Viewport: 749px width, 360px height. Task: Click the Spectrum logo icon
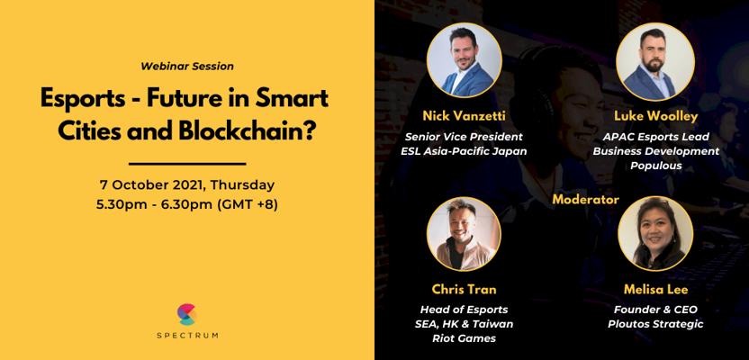click(x=186, y=315)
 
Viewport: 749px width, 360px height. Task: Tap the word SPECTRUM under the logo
click(x=187, y=335)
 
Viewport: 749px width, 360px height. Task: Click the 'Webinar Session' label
click(x=187, y=67)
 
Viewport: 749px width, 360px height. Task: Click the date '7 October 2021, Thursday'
click(x=187, y=184)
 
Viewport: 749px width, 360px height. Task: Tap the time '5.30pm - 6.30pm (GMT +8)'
click(x=187, y=207)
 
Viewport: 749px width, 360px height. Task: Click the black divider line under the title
click(x=187, y=164)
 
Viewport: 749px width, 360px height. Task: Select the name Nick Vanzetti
click(x=464, y=115)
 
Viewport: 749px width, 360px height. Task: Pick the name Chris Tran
click(x=464, y=289)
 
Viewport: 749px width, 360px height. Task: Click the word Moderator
click(x=586, y=199)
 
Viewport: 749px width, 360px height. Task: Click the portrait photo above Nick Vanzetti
click(x=464, y=60)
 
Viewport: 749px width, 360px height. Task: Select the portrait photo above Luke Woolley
click(x=654, y=60)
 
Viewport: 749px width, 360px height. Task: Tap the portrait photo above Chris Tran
click(x=464, y=234)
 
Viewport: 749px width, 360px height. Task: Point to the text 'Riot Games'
click(x=464, y=338)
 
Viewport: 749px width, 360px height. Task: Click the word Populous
click(x=655, y=166)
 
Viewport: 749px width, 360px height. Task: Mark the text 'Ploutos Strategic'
click(x=655, y=324)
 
